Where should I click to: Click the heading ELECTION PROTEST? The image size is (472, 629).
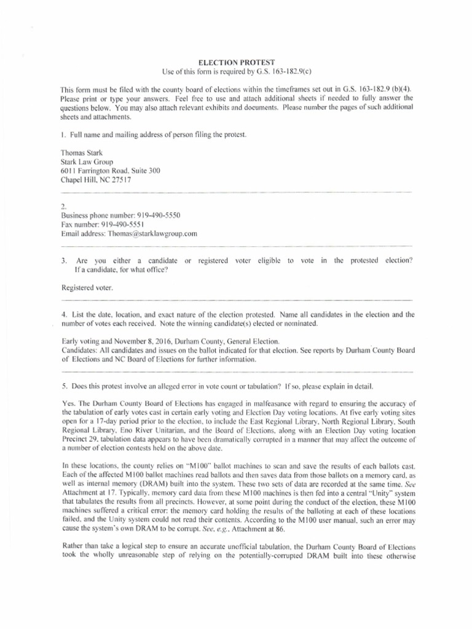[x=235, y=63]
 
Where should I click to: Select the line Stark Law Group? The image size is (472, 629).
[x=88, y=162]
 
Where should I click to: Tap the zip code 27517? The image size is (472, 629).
[x=120, y=181]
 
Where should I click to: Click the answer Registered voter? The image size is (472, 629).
[x=87, y=287]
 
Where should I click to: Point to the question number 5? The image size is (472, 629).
[x=64, y=386]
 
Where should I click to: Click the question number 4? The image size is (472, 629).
[x=64, y=314]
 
